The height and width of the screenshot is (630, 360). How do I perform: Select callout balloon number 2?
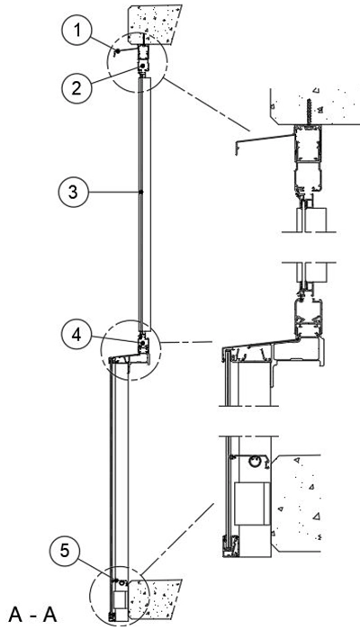(76, 87)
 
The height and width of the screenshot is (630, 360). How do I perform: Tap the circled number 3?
(73, 193)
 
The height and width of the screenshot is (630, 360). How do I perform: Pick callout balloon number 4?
(76, 335)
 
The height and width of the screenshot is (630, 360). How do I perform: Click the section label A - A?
(33, 615)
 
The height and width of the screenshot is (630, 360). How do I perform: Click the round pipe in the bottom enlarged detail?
(254, 461)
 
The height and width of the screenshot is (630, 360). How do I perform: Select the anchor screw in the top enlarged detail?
(309, 112)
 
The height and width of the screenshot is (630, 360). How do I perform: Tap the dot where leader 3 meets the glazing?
(140, 193)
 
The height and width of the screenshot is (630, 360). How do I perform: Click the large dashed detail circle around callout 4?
(130, 350)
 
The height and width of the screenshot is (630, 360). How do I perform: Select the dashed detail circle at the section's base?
(120, 596)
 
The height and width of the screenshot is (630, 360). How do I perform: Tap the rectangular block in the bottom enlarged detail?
(252, 504)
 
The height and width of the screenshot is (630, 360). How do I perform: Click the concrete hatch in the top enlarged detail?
(314, 105)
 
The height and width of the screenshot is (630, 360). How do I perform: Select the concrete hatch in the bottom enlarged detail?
(296, 503)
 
